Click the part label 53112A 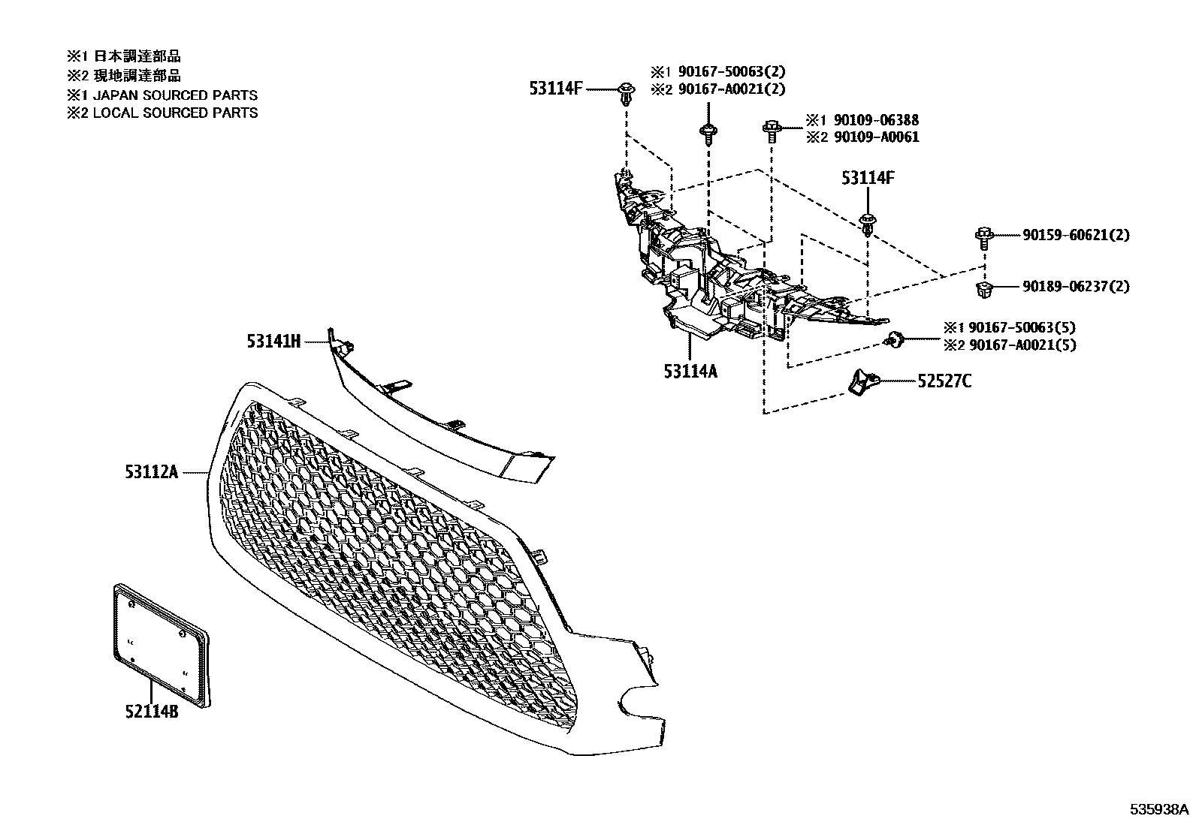coord(153,471)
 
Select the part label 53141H coord(273,342)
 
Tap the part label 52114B coord(152,711)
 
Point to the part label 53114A coord(690,370)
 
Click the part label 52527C coord(944,381)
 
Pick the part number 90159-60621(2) coord(1075,235)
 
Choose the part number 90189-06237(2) coord(1075,286)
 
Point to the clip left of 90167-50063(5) coord(895,339)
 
